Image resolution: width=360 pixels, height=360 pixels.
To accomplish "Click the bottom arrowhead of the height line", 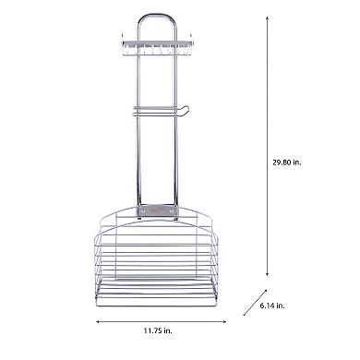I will tap(267, 276).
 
